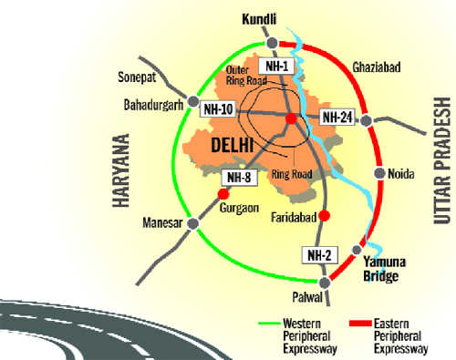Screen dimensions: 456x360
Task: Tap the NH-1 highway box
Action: click(275, 67)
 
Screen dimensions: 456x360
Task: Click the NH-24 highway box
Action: click(337, 117)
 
